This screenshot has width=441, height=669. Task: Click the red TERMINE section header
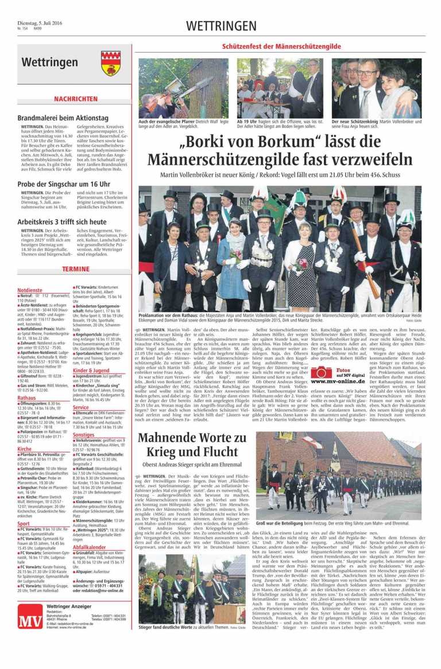click(75, 269)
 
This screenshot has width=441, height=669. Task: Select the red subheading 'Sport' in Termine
click(24, 507)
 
